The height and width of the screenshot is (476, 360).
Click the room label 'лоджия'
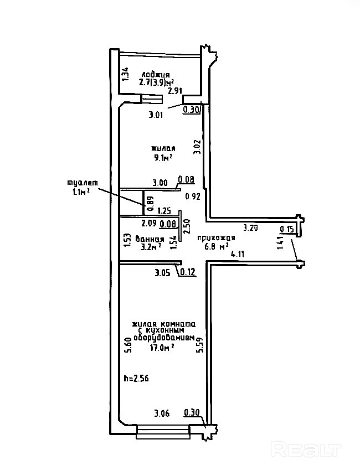point(156,74)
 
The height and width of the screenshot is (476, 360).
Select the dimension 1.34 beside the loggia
point(126,75)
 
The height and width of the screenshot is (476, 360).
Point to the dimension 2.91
point(176,91)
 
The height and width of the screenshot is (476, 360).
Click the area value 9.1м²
point(163,157)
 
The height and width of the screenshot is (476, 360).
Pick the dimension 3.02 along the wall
point(197,147)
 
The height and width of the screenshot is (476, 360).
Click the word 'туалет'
point(82,183)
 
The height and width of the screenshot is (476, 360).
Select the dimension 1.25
point(164,210)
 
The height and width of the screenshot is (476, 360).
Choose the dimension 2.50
point(187,227)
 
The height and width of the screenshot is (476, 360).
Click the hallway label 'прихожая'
point(217,238)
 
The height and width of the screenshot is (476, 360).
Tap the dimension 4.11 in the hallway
point(238,254)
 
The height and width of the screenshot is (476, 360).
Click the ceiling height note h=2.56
point(136,379)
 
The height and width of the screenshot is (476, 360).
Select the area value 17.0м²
point(163,348)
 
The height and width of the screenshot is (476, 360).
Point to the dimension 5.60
point(127,345)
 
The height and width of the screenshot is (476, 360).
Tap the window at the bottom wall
point(163,431)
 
